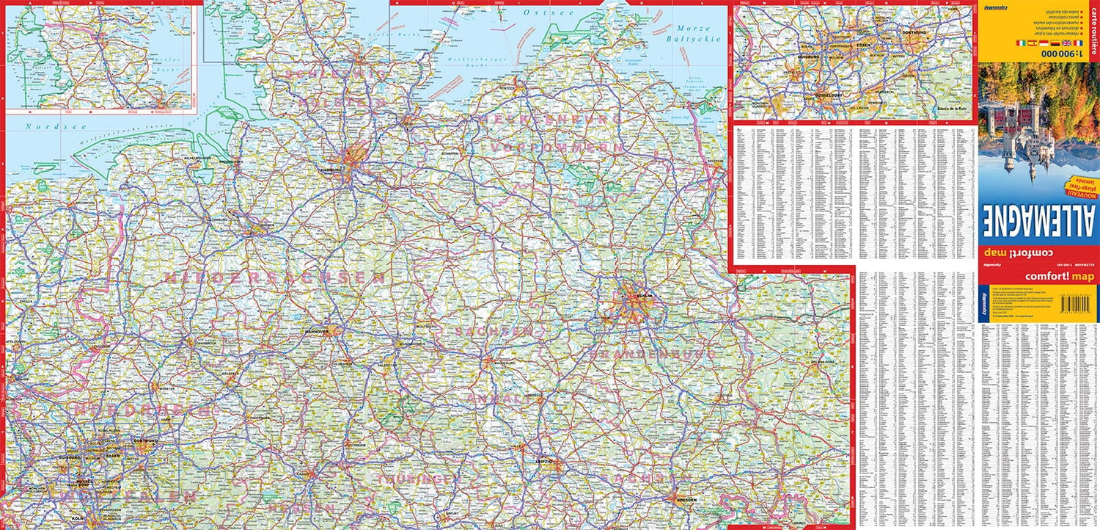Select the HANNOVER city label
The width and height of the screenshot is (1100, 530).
317,332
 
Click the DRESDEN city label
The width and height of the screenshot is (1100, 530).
686,499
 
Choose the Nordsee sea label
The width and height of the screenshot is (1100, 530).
40,126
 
